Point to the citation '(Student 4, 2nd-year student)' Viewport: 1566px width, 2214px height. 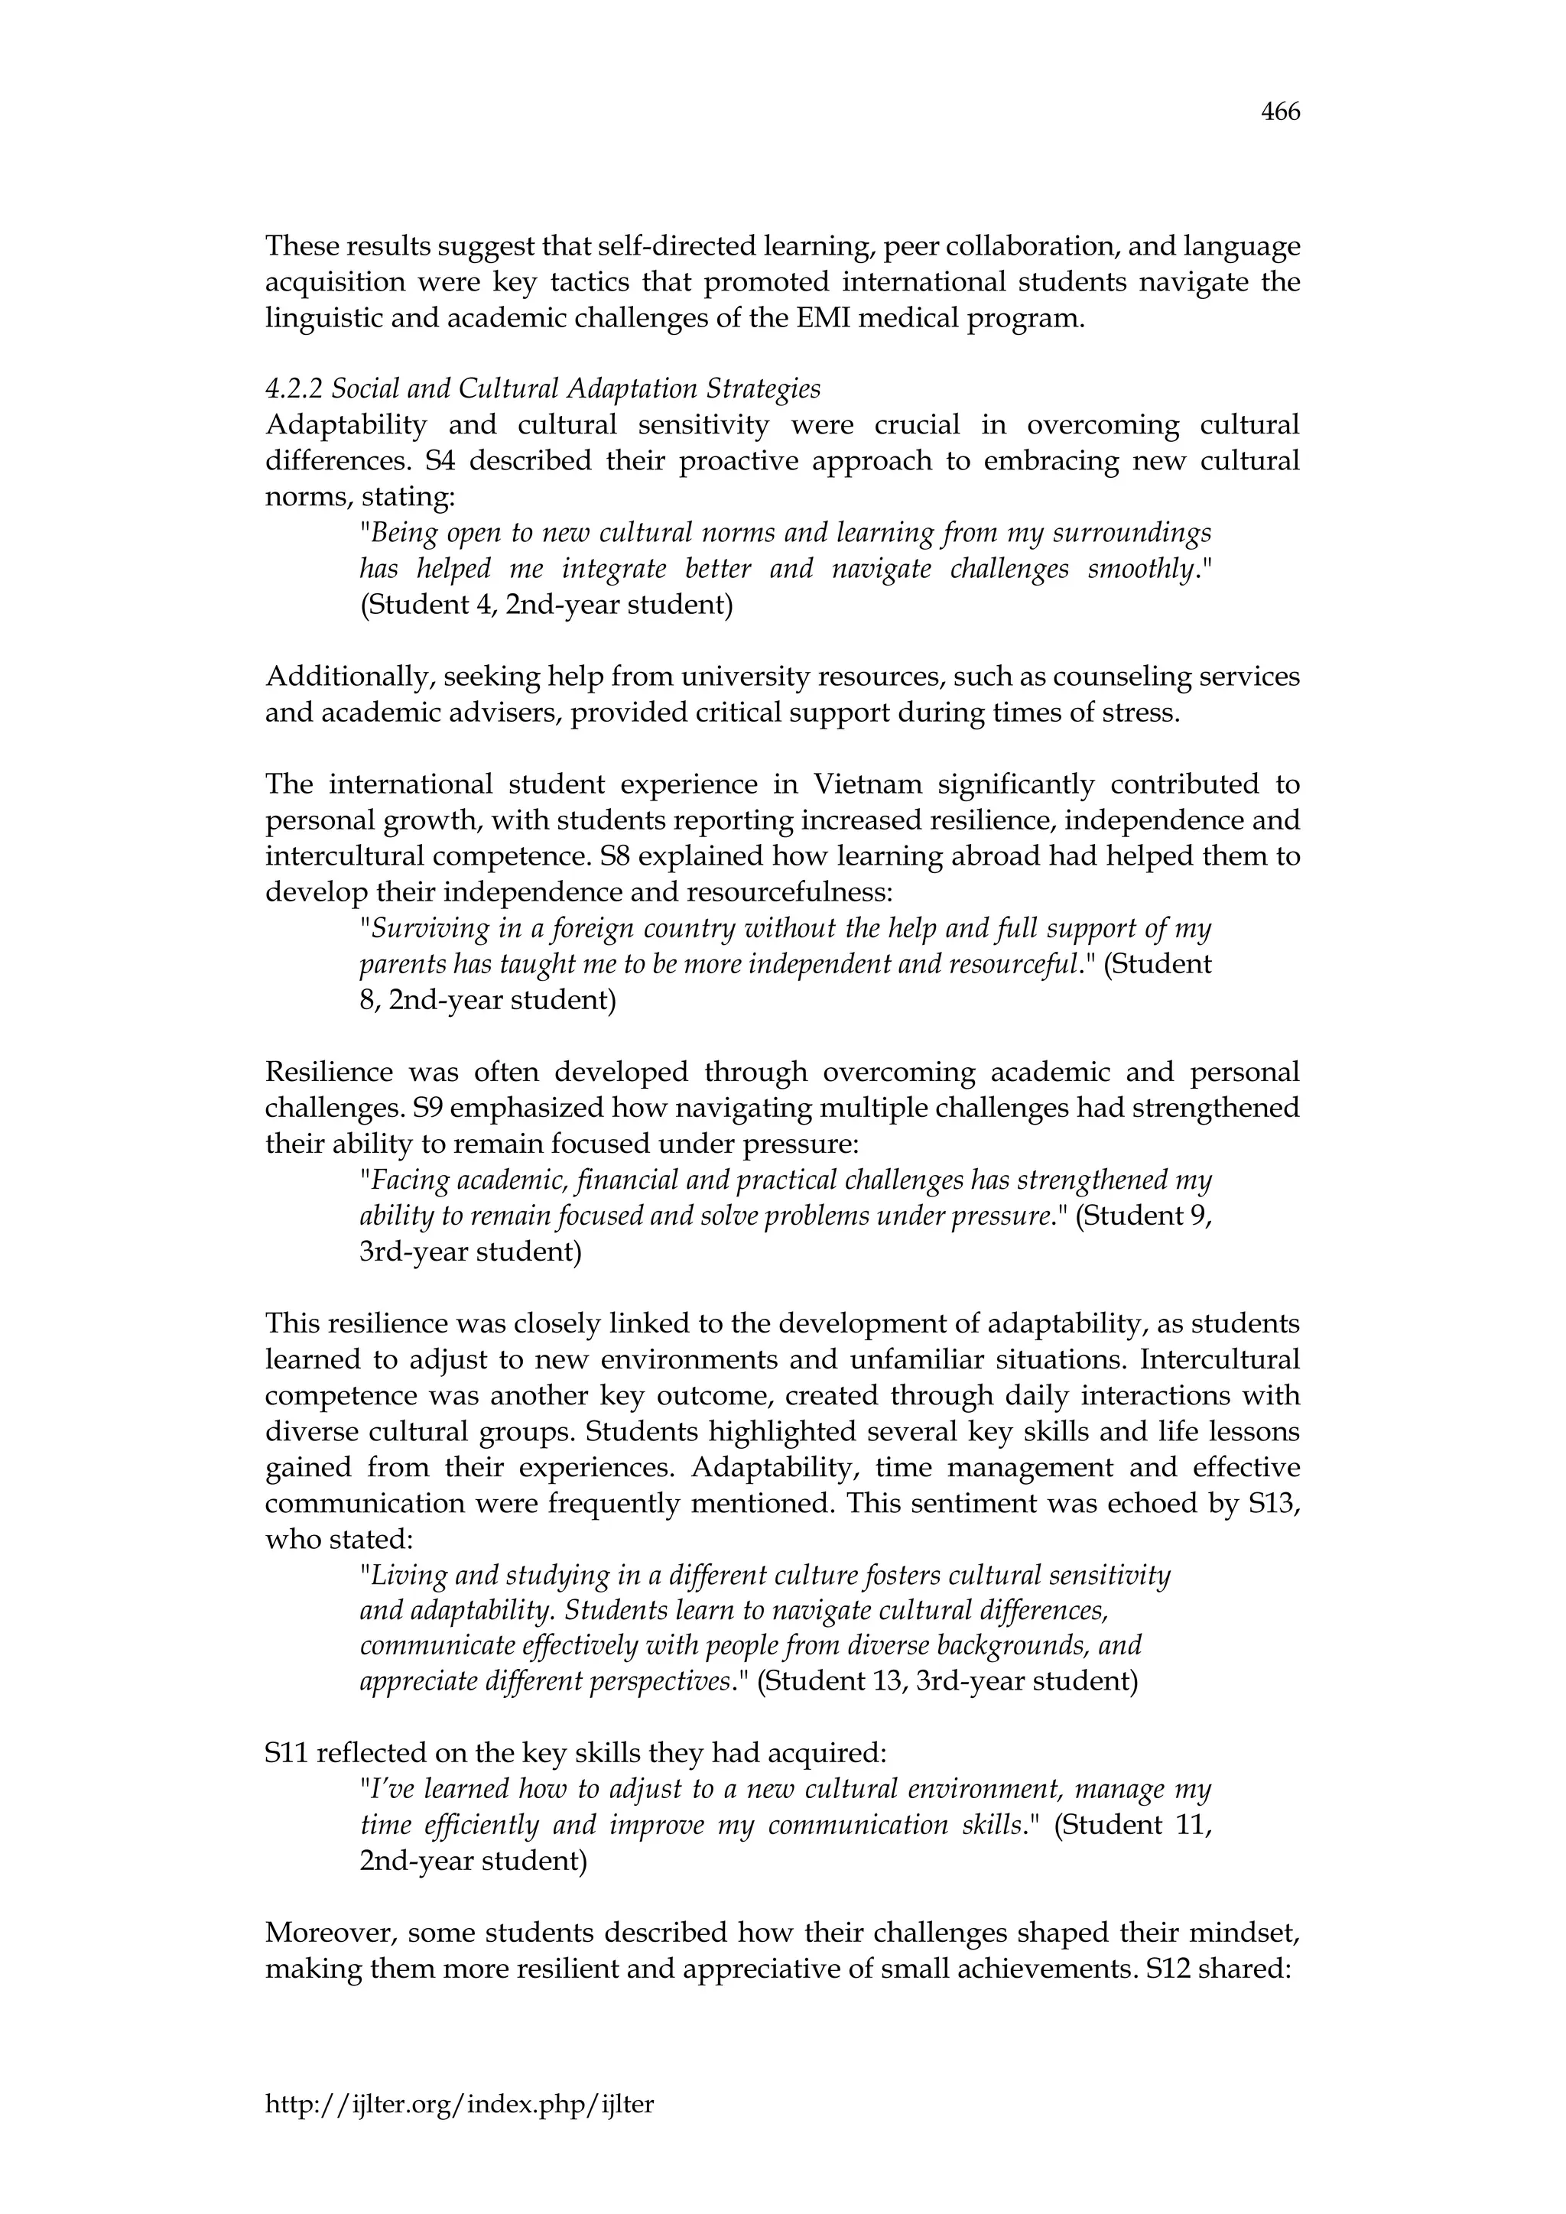(546, 605)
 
